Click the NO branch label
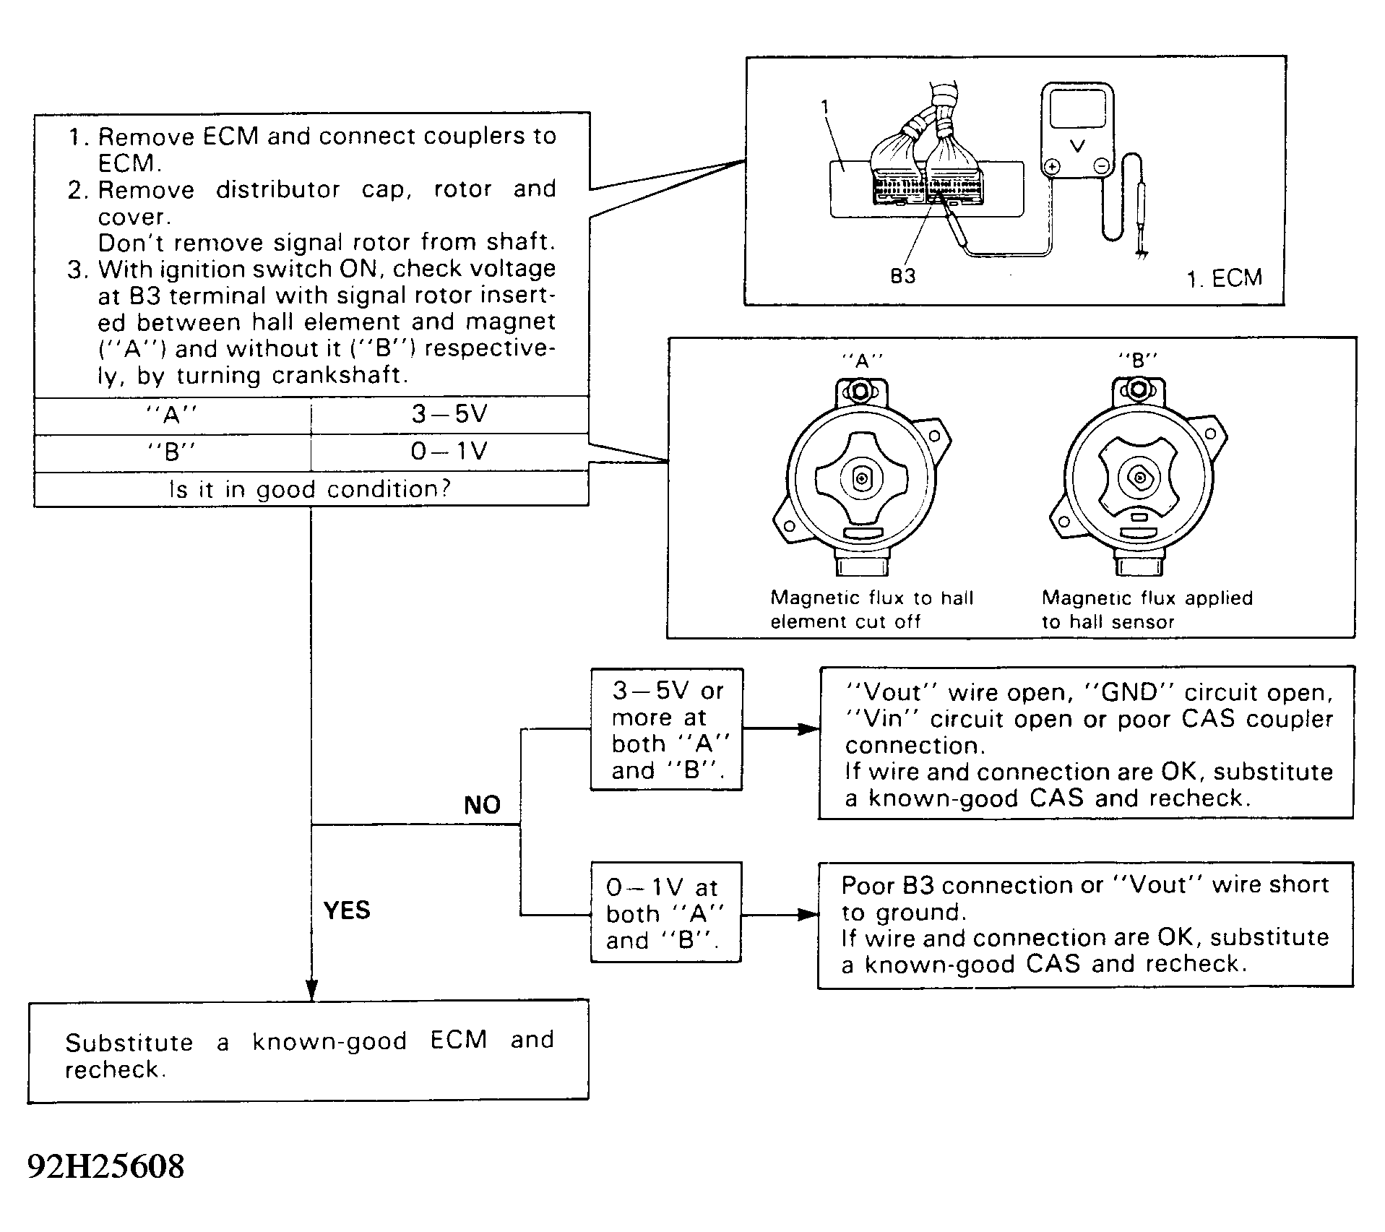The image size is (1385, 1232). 482,805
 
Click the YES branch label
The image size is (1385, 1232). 347,910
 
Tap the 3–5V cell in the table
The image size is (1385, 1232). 449,414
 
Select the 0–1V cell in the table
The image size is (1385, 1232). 449,452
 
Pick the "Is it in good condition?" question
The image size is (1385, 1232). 310,489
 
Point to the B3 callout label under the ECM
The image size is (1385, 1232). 902,277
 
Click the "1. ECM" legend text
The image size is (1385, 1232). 1224,278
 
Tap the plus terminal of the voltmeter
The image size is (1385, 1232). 1053,167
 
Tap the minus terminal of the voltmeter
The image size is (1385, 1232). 1102,167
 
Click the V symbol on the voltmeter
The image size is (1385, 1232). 1076,147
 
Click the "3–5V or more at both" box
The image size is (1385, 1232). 666,730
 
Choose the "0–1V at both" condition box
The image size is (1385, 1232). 665,913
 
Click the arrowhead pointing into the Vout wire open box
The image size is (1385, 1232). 810,730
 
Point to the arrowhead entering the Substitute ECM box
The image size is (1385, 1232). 311,991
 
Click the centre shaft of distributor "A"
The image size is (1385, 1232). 862,478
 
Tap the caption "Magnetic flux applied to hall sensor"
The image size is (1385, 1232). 1147,609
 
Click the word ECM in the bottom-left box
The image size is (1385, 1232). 458,1041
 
